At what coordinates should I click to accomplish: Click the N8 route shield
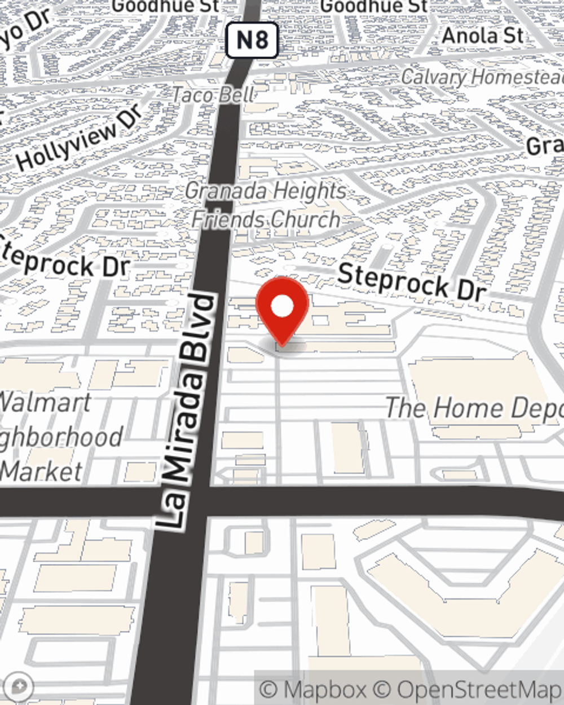pos(252,40)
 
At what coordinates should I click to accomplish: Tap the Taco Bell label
pos(213,95)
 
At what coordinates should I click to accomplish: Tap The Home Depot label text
pos(474,408)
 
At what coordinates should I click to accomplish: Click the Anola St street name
pos(482,36)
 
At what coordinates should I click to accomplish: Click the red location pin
pos(282,308)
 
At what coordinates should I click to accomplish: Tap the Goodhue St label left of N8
pos(166,6)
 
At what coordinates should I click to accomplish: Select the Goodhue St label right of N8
pos(374,6)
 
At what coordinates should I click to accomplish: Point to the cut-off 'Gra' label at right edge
pos(545,146)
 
